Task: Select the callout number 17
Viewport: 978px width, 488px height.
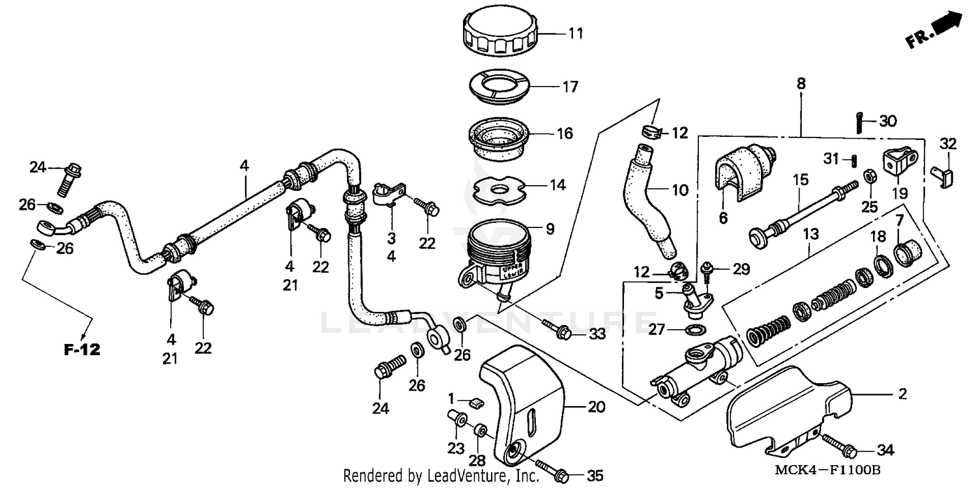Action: [570, 86]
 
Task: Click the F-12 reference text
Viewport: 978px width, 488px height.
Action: [82, 349]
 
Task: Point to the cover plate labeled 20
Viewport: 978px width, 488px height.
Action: [525, 397]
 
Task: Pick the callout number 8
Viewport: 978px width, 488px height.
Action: [801, 83]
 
